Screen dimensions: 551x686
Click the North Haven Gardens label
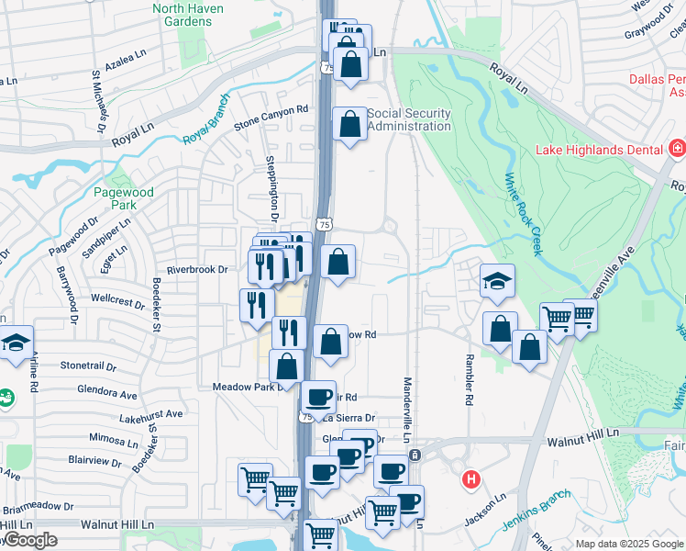182,15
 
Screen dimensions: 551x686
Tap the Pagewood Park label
124,199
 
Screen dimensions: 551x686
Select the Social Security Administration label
409,119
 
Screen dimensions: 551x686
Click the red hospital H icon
471,479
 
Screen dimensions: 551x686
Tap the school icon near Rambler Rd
496,281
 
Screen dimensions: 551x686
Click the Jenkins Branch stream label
537,510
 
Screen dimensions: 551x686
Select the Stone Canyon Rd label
271,117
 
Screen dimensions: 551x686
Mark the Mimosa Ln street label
113,439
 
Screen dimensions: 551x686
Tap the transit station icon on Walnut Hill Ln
415,455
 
